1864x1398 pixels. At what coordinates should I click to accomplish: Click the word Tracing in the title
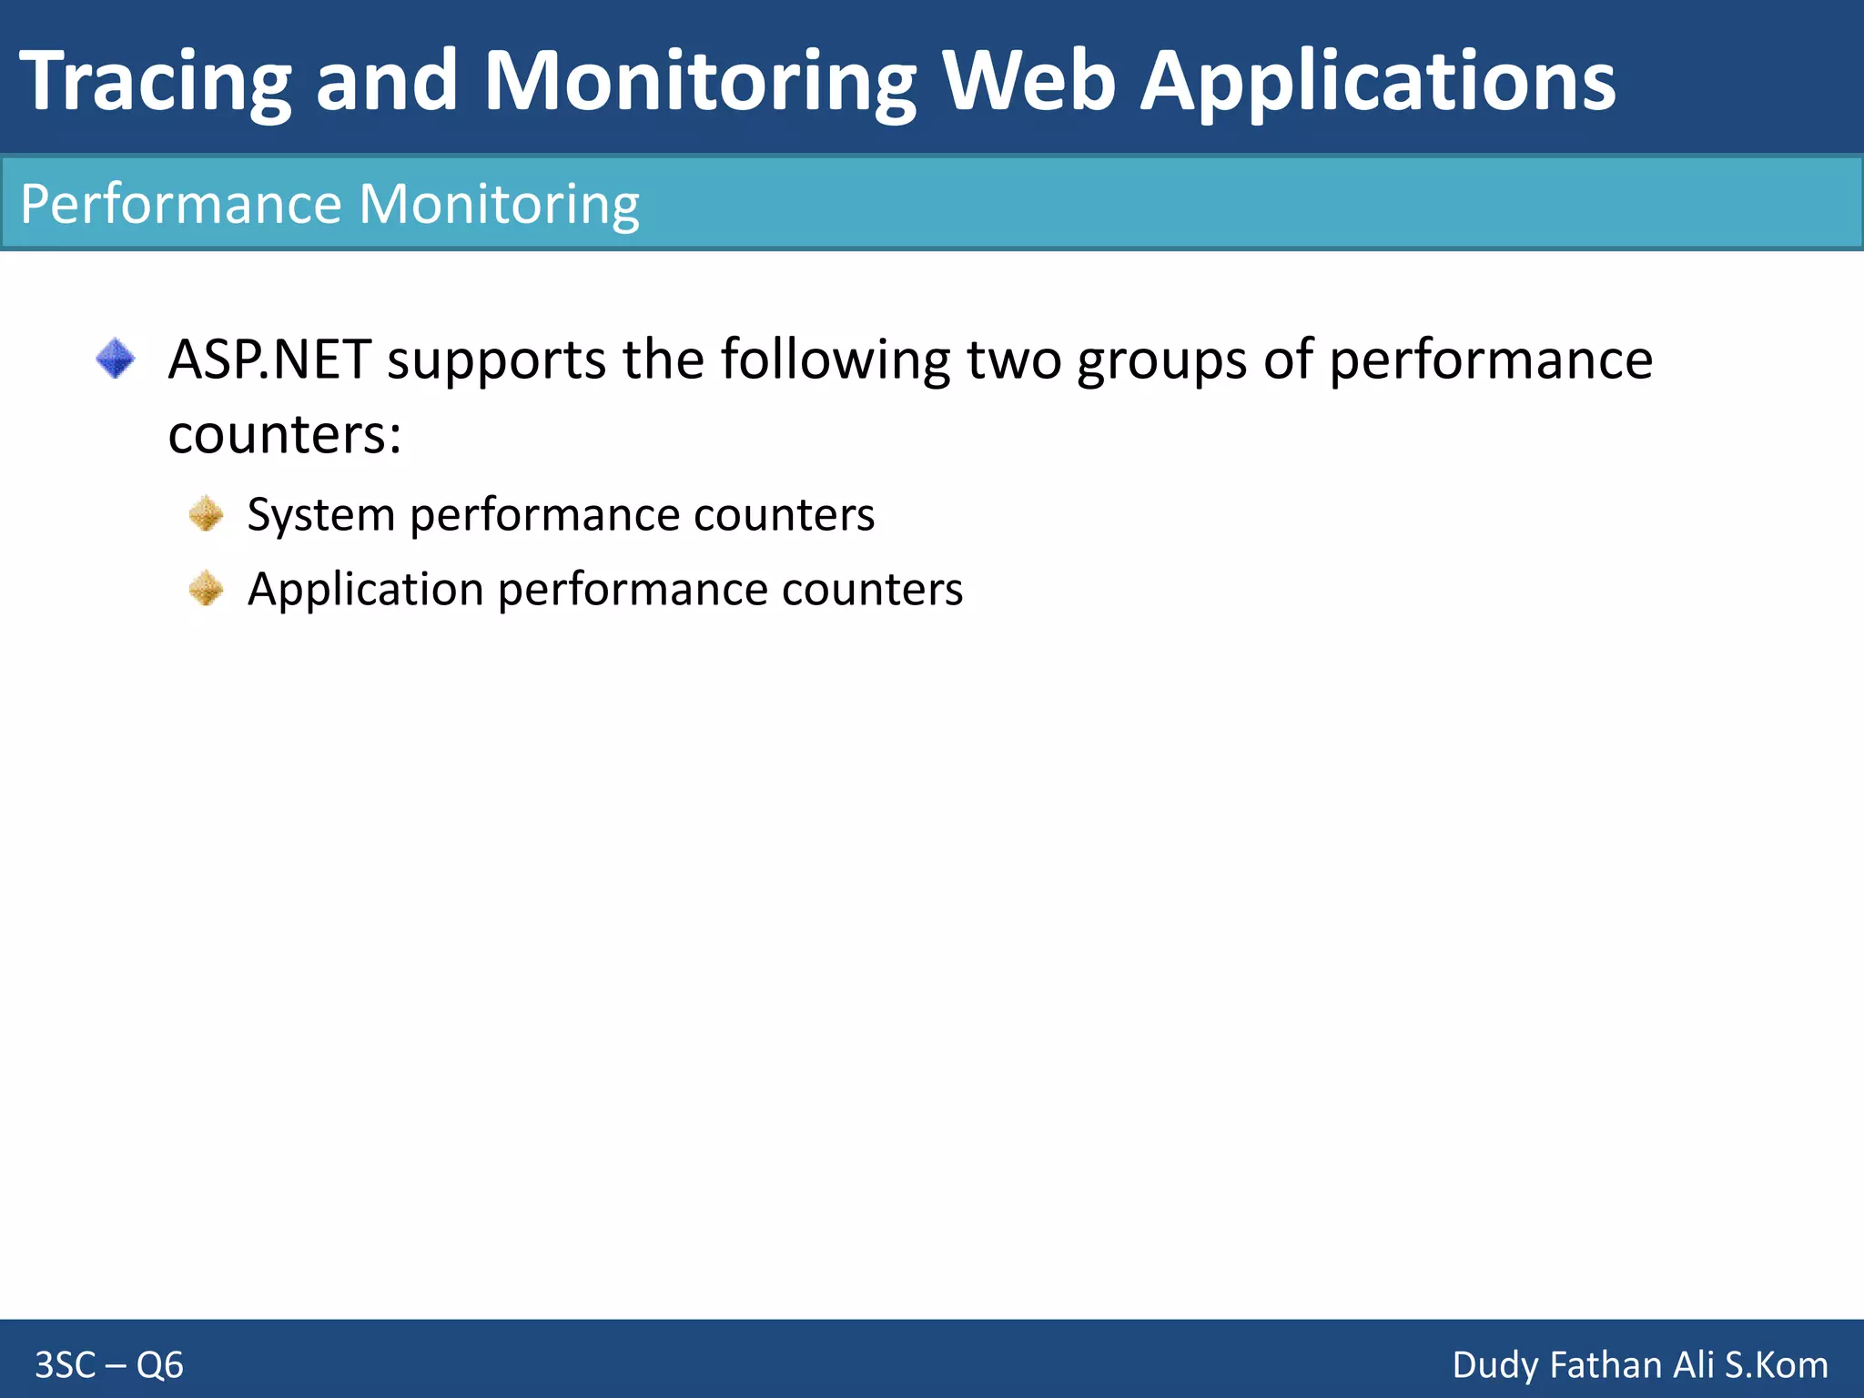point(156,82)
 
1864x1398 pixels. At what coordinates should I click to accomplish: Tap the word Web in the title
point(1028,82)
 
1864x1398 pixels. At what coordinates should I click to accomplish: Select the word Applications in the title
point(1378,82)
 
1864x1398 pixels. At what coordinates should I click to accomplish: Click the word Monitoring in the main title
point(700,82)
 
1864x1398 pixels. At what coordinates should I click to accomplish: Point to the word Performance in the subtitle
point(181,204)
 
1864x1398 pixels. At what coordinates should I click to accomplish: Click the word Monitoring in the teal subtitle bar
point(500,204)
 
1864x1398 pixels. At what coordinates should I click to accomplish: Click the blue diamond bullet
point(116,359)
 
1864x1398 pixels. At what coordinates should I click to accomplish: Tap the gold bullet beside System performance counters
point(207,514)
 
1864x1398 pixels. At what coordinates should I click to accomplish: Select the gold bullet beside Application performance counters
point(207,589)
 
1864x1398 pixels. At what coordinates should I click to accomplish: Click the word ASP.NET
point(269,360)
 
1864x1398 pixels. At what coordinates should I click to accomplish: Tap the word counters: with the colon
point(284,435)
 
